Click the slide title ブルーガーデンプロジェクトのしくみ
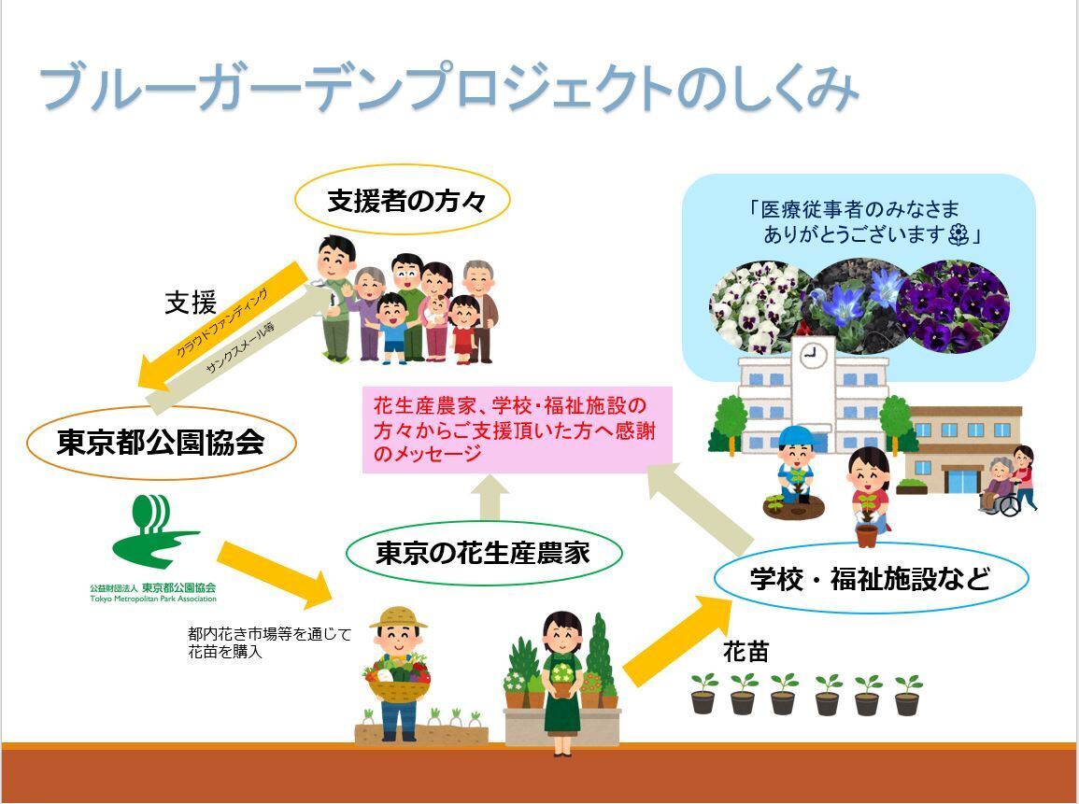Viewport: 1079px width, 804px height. pos(448,89)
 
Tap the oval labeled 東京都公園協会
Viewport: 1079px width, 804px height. pos(161,441)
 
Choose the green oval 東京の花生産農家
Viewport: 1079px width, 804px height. pos(483,553)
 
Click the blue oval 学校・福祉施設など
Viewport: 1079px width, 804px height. pos(870,578)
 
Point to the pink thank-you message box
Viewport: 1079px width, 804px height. pos(517,430)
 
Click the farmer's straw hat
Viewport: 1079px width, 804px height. pos(398,617)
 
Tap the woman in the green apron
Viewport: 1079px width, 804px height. pos(562,682)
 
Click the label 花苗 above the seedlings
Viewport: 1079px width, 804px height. pos(745,652)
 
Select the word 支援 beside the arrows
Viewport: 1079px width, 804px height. pos(191,302)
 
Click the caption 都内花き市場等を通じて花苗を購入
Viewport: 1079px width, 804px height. pos(269,642)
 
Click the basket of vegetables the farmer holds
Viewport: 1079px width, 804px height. pos(399,682)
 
